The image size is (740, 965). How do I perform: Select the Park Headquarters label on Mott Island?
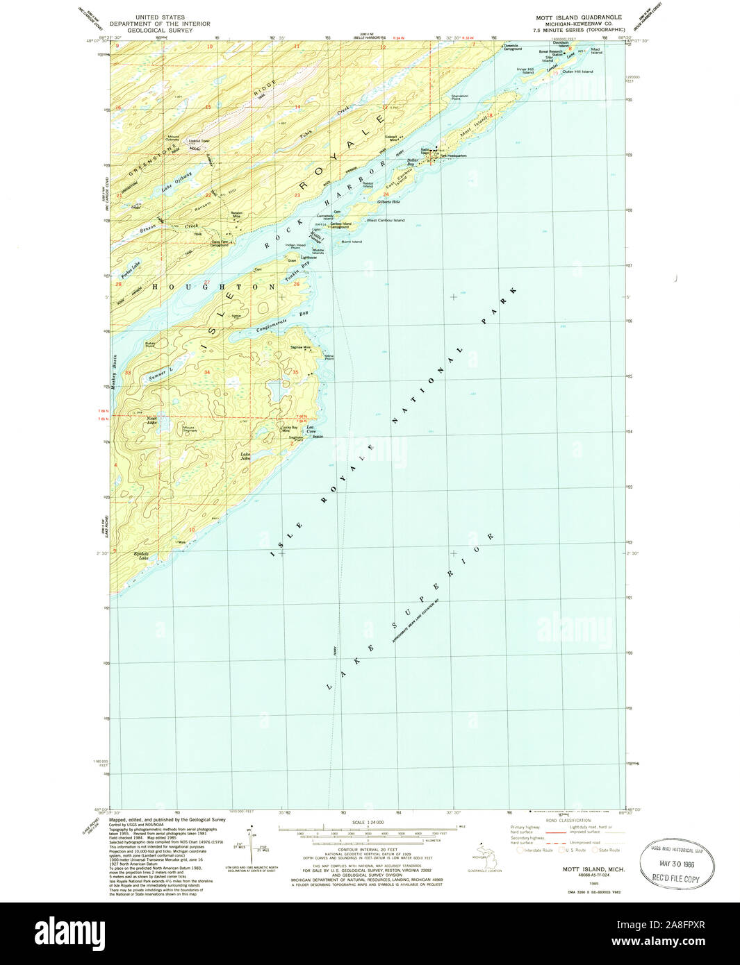[453, 156]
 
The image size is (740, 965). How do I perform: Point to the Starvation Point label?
[460, 97]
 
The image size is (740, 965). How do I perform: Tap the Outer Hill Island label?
[578, 72]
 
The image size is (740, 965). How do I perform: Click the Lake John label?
[245, 456]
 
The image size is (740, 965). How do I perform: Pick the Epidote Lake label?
[141, 555]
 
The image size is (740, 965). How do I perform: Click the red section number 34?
[206, 372]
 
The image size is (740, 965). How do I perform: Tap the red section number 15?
[208, 107]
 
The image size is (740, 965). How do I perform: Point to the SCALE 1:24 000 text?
[368, 823]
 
